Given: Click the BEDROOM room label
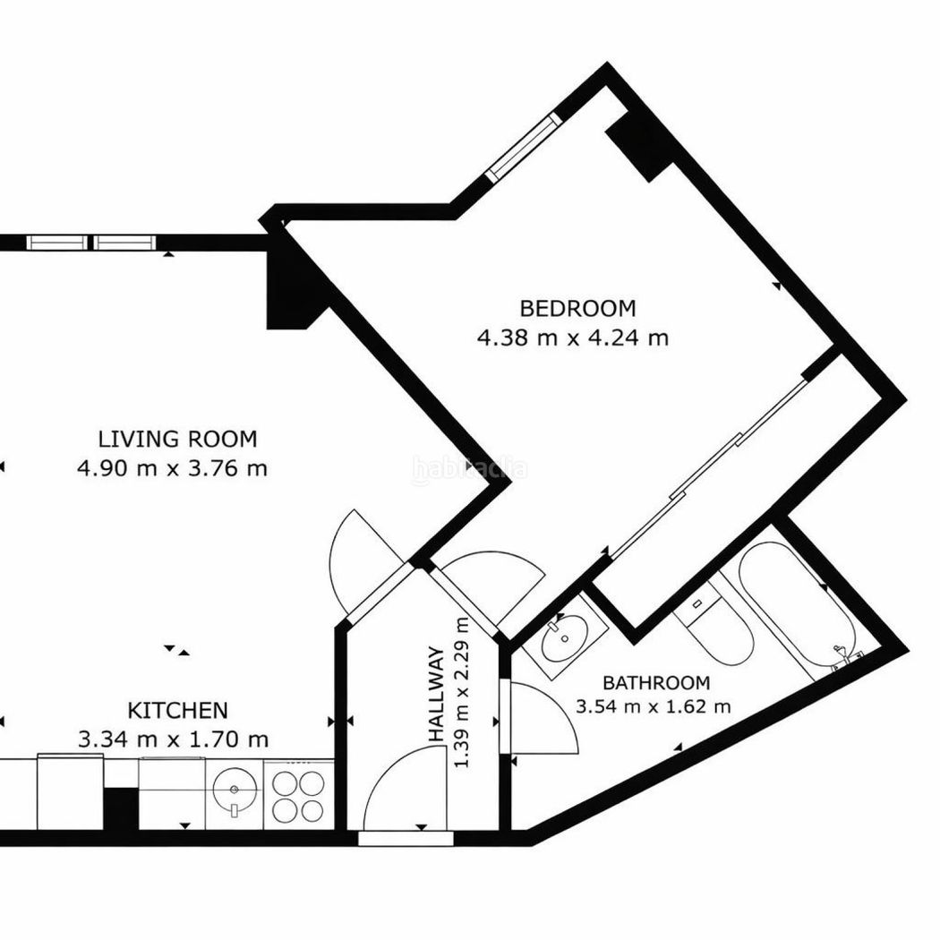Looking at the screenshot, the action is point(577,308).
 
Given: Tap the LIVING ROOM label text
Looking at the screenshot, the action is point(177,439).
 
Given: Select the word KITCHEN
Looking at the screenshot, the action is point(177,711).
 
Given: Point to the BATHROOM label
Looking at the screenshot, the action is point(656,683).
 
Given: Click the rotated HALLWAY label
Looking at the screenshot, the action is point(436,694).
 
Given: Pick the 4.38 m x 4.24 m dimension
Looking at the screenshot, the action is point(573,338).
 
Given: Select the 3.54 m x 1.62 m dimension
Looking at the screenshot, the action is point(653,706).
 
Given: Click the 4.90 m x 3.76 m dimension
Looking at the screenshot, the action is point(172,467).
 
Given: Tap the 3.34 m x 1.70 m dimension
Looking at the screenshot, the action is point(174,739).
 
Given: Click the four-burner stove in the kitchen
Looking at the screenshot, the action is point(298,796).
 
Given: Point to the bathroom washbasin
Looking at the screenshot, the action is point(562,637).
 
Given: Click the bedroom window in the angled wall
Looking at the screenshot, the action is point(524,148).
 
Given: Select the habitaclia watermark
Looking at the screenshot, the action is point(471,467).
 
